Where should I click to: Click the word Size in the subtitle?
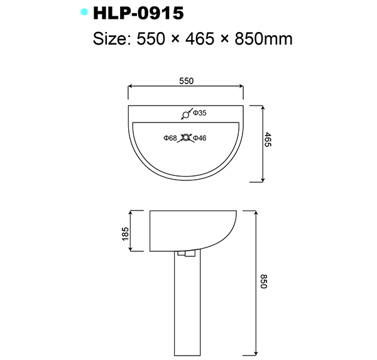[109, 40]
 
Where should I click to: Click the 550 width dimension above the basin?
[185, 80]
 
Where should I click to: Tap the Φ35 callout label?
[200, 113]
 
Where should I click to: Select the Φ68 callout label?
[170, 138]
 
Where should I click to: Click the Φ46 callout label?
[200, 138]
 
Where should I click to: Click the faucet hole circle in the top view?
[185, 114]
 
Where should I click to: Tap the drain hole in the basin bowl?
[185, 138]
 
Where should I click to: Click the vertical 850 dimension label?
[263, 281]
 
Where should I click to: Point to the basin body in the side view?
[188, 229]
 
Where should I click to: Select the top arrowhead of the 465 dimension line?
[261, 107]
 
